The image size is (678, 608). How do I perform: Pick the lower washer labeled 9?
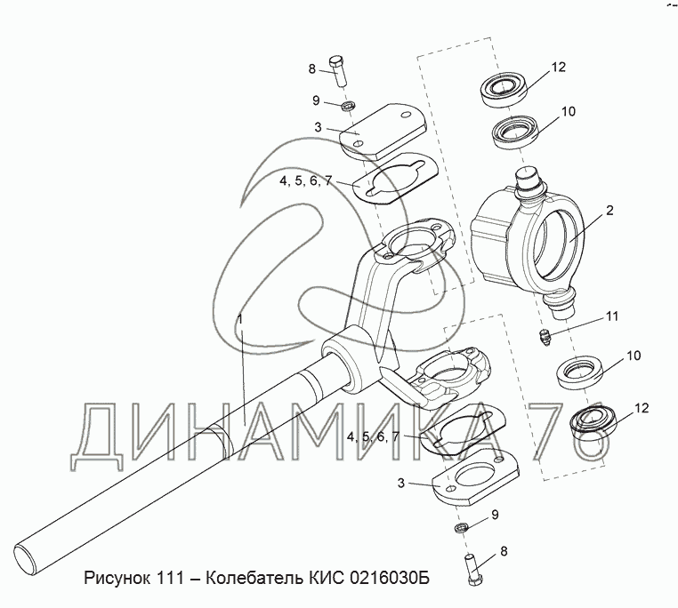pyautogui.click(x=461, y=529)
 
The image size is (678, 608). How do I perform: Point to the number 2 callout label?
pyautogui.click(x=609, y=211)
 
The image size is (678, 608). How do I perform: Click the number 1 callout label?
pyautogui.click(x=239, y=318)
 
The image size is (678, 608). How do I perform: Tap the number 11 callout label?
pyautogui.click(x=611, y=316)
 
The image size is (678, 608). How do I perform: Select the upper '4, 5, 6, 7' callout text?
pyautogui.click(x=304, y=180)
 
